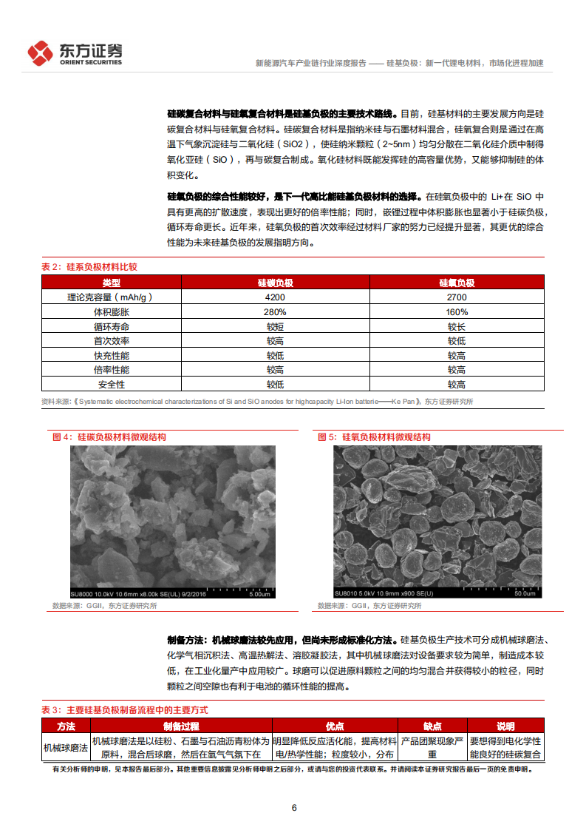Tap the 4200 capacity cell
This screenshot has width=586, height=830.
pos(276,297)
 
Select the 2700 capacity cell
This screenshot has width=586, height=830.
pos(456,297)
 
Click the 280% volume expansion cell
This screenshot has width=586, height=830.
pos(276,311)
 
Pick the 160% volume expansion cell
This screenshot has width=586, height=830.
pos(456,311)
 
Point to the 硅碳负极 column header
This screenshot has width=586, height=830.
pos(276,283)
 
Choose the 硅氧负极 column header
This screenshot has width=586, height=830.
pos(456,283)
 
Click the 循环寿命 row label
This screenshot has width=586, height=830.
pos(112,326)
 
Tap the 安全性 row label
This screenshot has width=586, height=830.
pos(112,385)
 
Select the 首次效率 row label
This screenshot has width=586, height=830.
pos(112,341)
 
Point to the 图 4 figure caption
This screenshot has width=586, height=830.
pos(109,437)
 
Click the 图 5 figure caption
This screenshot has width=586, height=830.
pos(374,437)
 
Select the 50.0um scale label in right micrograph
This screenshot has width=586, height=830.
pos(524,593)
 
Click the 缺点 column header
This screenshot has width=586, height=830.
pos(432,726)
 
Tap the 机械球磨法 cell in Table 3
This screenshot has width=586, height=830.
pos(66,747)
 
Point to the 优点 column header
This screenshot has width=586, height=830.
pos(335,726)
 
